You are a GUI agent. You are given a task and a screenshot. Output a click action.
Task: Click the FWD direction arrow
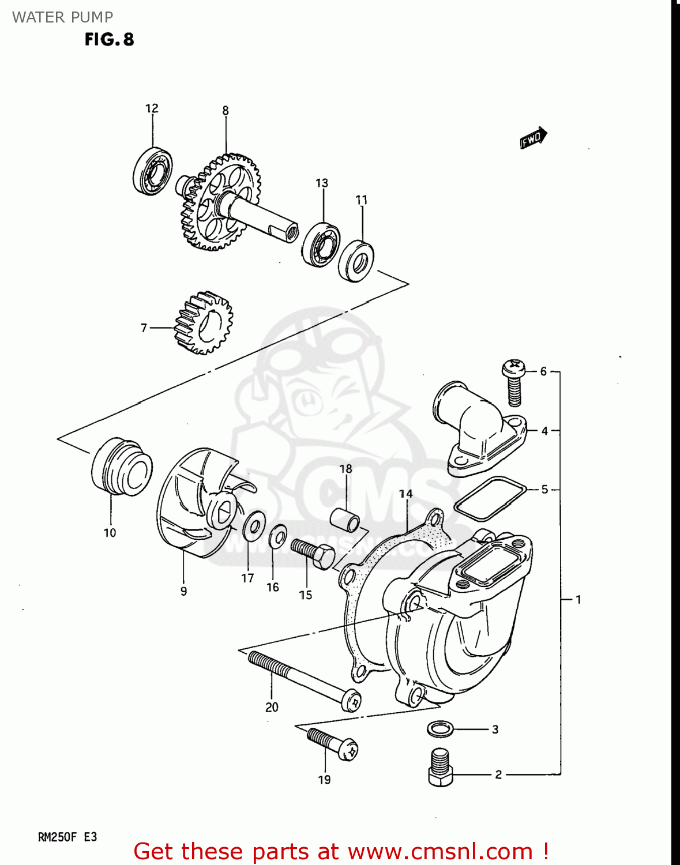pyautogui.click(x=533, y=138)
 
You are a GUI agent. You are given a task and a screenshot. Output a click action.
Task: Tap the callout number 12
pyautogui.click(x=152, y=108)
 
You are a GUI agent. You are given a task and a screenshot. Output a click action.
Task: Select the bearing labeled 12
pyautogui.click(x=153, y=171)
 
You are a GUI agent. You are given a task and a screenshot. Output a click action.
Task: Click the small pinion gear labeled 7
pyautogui.click(x=202, y=323)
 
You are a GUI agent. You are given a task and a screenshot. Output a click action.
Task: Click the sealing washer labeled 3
pyautogui.click(x=441, y=729)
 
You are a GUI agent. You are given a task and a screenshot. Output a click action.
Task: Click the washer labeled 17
pyautogui.click(x=253, y=525)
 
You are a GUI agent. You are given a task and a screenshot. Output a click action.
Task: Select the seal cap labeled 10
pyautogui.click(x=122, y=467)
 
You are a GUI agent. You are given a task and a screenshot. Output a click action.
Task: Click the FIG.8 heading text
pyautogui.click(x=110, y=39)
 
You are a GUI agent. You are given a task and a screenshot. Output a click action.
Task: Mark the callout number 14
pyautogui.click(x=405, y=494)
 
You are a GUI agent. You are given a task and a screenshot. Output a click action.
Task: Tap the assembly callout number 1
pyautogui.click(x=578, y=600)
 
